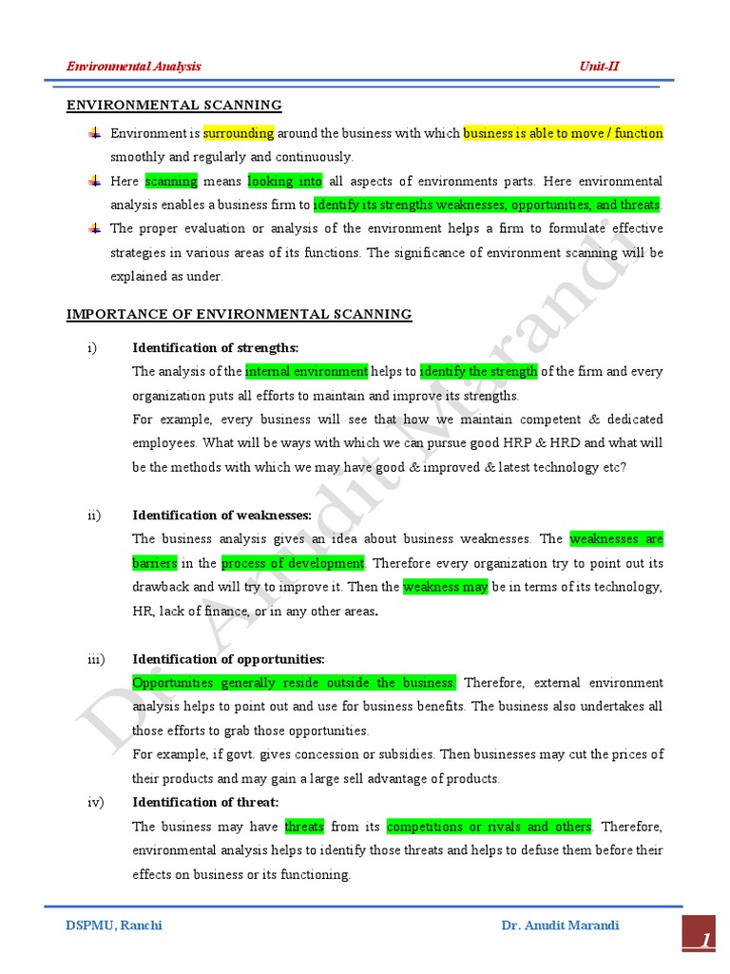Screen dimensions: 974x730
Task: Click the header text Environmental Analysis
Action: (x=134, y=67)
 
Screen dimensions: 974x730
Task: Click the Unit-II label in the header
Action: (x=599, y=67)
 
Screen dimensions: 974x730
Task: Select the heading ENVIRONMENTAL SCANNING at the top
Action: (x=174, y=106)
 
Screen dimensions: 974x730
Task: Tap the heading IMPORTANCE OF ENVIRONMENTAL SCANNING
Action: (x=239, y=315)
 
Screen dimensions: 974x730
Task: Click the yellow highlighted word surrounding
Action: (x=239, y=133)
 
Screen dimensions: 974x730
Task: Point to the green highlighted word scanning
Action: (x=171, y=181)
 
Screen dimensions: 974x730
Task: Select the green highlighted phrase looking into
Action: (x=285, y=181)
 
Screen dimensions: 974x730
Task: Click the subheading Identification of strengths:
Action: (x=215, y=348)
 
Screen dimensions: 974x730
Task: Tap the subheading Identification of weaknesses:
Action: (x=221, y=516)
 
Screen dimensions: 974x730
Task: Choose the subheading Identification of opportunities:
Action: (x=228, y=659)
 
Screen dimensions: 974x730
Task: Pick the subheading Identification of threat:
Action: (x=204, y=803)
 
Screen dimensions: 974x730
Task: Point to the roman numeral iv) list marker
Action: (x=95, y=803)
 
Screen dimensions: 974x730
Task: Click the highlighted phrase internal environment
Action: (x=306, y=372)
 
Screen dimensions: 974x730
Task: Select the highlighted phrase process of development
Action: (x=293, y=563)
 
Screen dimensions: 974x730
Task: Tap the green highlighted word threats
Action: (x=304, y=827)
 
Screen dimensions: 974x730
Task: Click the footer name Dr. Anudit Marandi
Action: (x=560, y=925)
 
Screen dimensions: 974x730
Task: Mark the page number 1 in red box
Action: (x=705, y=941)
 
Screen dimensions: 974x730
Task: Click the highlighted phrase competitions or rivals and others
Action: (x=489, y=827)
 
